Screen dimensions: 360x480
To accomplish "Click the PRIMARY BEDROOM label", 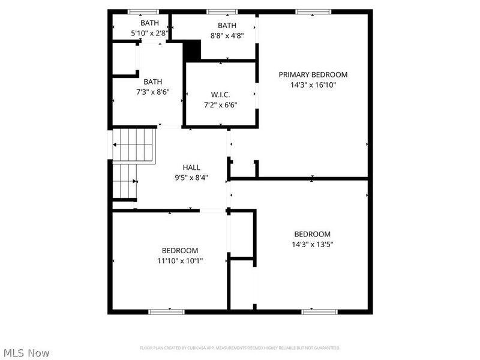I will [x=313, y=75].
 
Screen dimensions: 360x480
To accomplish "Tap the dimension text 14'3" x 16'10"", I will [x=313, y=85].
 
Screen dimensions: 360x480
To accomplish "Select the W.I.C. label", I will [x=221, y=95].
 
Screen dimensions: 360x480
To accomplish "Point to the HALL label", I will [x=192, y=167].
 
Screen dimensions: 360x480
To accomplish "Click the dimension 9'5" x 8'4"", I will [x=192, y=178].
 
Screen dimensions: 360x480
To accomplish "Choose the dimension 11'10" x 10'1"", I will [x=179, y=261].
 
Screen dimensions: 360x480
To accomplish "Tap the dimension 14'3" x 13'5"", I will [x=312, y=244].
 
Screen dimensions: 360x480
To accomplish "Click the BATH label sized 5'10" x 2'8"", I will [x=150, y=23].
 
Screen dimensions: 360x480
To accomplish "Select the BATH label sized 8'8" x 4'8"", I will [x=227, y=25].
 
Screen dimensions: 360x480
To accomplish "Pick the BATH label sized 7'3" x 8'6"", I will [x=152, y=82].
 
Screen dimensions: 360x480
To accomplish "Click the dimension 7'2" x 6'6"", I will [x=221, y=105].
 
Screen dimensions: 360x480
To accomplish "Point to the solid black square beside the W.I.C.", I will [x=191, y=50].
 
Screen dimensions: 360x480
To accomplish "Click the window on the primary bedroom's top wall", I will [x=313, y=11].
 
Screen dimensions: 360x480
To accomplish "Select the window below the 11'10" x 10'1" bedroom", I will [x=166, y=311].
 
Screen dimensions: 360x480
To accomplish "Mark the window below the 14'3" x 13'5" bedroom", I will [x=319, y=311].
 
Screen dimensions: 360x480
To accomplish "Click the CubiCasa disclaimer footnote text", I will [x=240, y=348].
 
